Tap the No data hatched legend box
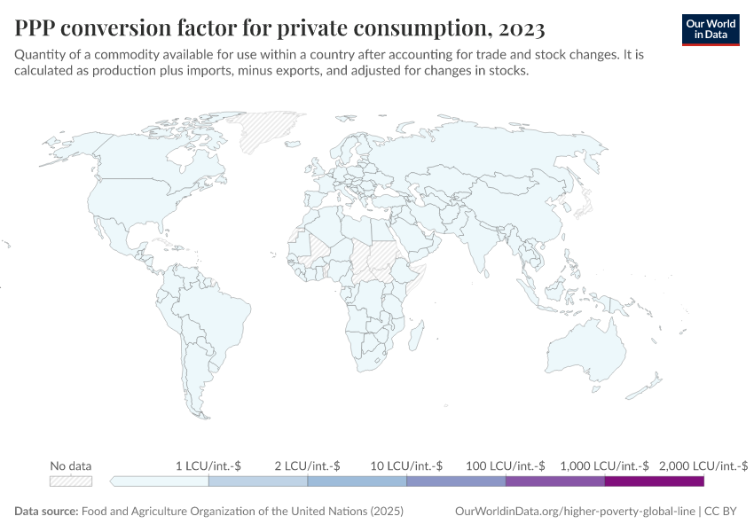[x=71, y=481]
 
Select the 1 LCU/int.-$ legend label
[x=208, y=465]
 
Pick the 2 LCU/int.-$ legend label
[x=307, y=465]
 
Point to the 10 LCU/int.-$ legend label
[x=406, y=465]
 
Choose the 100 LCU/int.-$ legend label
[x=506, y=465]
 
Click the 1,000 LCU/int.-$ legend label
[x=604, y=465]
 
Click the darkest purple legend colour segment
[x=654, y=481]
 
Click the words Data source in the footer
[x=46, y=512]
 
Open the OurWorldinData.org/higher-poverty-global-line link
[x=575, y=512]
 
